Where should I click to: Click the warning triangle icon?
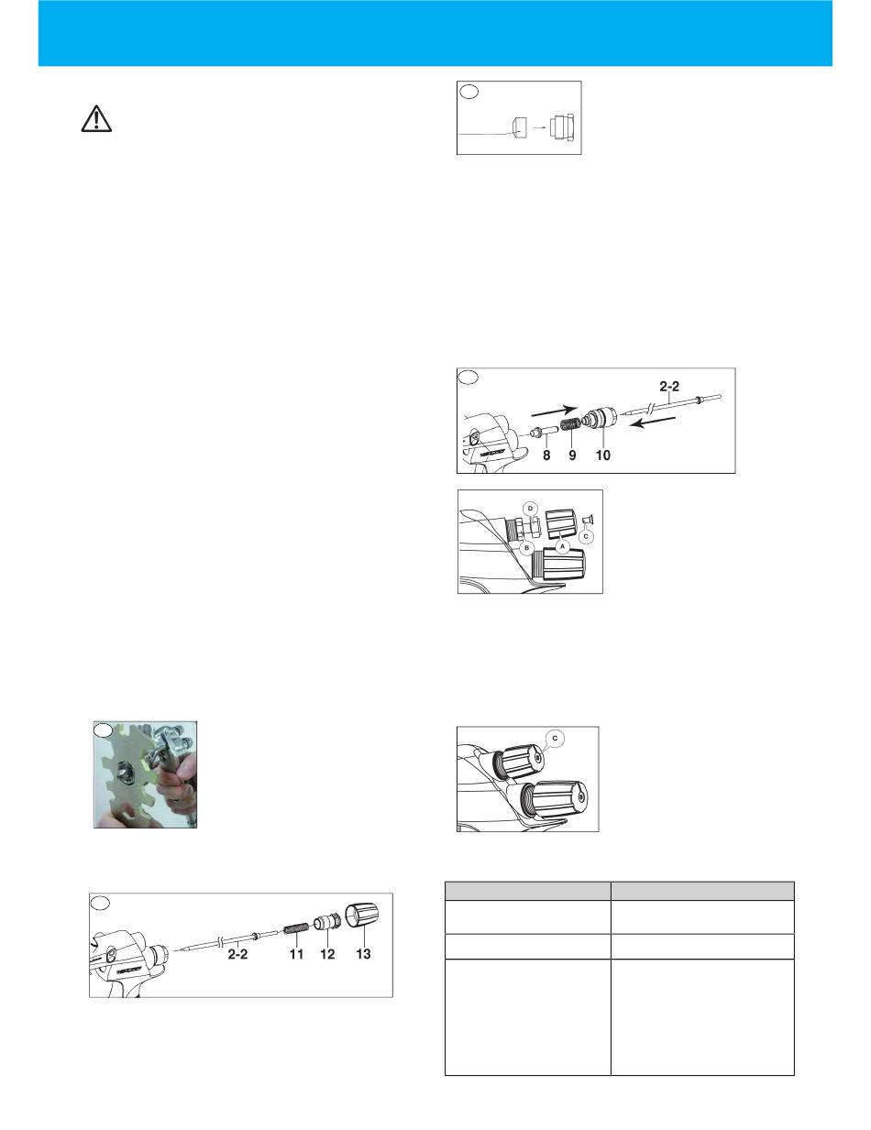tap(96, 119)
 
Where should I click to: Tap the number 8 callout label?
tap(546, 455)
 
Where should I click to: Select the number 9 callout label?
tap(572, 455)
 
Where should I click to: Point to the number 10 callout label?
tap(602, 455)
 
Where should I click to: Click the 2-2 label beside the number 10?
tap(669, 387)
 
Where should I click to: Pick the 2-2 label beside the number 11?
tap(237, 954)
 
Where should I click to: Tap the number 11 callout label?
tap(296, 954)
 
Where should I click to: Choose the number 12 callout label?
tap(327, 954)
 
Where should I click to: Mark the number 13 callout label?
tap(363, 954)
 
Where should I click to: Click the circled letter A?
tap(562, 546)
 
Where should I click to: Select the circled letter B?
tap(527, 547)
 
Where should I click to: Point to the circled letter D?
tap(531, 508)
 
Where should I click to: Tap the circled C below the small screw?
tap(586, 536)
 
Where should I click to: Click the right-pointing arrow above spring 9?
tap(555, 411)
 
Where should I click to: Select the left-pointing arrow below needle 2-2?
tap(652, 422)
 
